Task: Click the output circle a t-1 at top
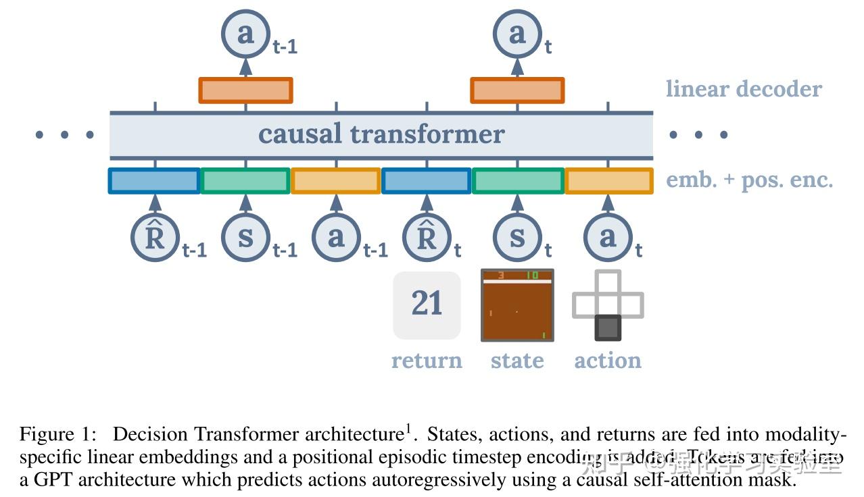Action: click(x=245, y=32)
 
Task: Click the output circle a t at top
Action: click(x=517, y=32)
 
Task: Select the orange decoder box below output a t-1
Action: click(x=245, y=90)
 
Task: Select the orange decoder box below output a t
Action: click(x=517, y=90)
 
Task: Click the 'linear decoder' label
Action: click(x=744, y=89)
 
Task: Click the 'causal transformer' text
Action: click(x=381, y=134)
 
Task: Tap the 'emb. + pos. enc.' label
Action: click(x=749, y=180)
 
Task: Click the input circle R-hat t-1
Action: click(x=155, y=237)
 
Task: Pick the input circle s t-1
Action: click(x=245, y=237)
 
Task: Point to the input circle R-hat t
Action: click(x=427, y=237)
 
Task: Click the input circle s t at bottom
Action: click(x=517, y=237)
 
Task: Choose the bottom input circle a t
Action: click(x=608, y=237)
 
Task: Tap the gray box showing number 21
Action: click(x=427, y=305)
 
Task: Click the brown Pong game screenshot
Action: click(x=517, y=305)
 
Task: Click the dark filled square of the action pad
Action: click(x=608, y=328)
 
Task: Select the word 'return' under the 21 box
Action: click(x=427, y=361)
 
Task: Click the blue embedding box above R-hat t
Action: click(x=427, y=181)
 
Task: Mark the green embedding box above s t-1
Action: click(x=245, y=181)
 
